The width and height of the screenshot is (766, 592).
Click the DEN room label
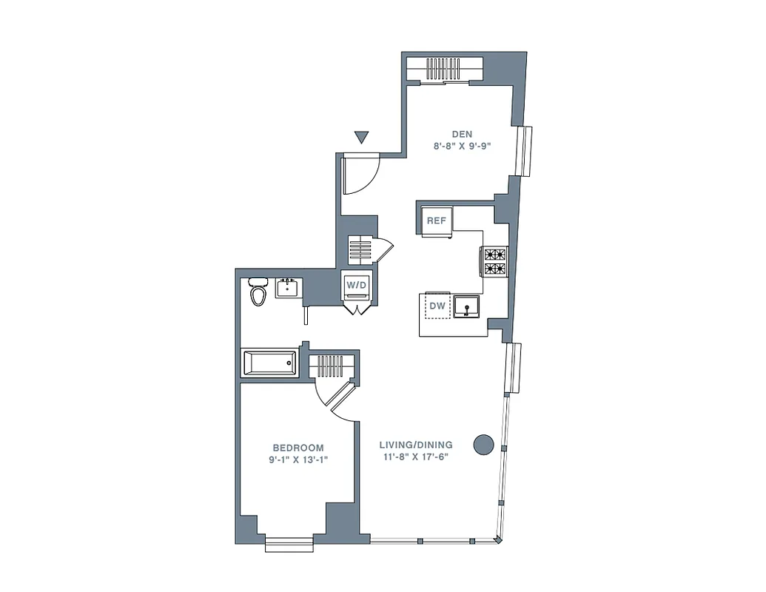point(463,134)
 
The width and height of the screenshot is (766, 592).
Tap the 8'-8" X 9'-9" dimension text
point(463,146)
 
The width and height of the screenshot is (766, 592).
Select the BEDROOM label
point(298,448)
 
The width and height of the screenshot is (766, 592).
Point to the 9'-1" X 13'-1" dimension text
point(298,460)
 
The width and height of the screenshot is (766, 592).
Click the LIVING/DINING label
point(415,445)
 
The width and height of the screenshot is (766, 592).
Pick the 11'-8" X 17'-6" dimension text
point(415,457)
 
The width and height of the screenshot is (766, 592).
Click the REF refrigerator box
point(437,221)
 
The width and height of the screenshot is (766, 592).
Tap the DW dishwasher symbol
point(437,304)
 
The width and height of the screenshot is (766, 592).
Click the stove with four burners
point(495,260)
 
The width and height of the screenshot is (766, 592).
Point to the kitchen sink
point(468,305)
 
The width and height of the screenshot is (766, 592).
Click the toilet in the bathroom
point(258,292)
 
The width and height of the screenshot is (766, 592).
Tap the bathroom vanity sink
point(288,287)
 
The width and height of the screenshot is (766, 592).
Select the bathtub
point(269,363)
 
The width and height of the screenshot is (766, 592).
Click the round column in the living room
point(483,444)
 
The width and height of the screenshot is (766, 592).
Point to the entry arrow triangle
point(361,137)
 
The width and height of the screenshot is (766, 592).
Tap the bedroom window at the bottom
point(289,544)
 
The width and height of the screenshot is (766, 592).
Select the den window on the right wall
point(525,151)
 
